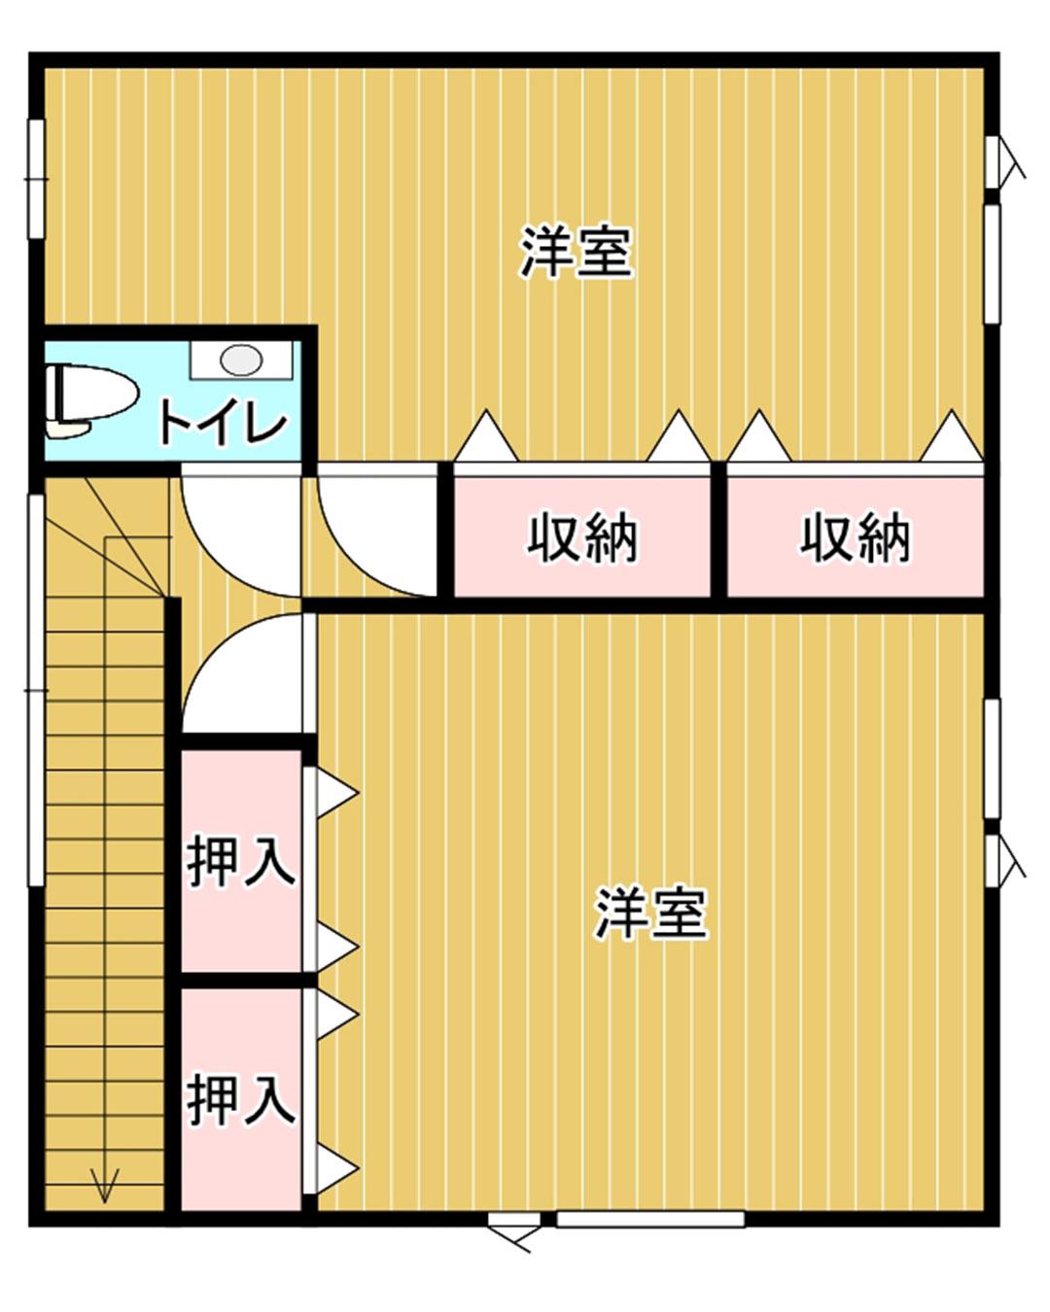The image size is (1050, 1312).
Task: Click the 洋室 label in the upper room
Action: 577,253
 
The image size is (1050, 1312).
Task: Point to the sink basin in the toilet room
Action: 240,360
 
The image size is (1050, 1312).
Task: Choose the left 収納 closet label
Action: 581,536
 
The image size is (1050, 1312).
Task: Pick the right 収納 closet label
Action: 855,536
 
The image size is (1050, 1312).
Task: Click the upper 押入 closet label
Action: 240,860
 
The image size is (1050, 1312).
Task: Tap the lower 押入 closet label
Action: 240,1099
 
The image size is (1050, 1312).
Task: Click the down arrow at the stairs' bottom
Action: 104,1184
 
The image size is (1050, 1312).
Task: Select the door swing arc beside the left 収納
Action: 374,535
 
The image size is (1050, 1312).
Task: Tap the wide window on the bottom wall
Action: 649,1219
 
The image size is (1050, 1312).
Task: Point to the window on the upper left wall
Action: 36,178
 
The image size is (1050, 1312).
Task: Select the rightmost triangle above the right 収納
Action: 951,437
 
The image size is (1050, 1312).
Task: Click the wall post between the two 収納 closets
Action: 718,530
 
